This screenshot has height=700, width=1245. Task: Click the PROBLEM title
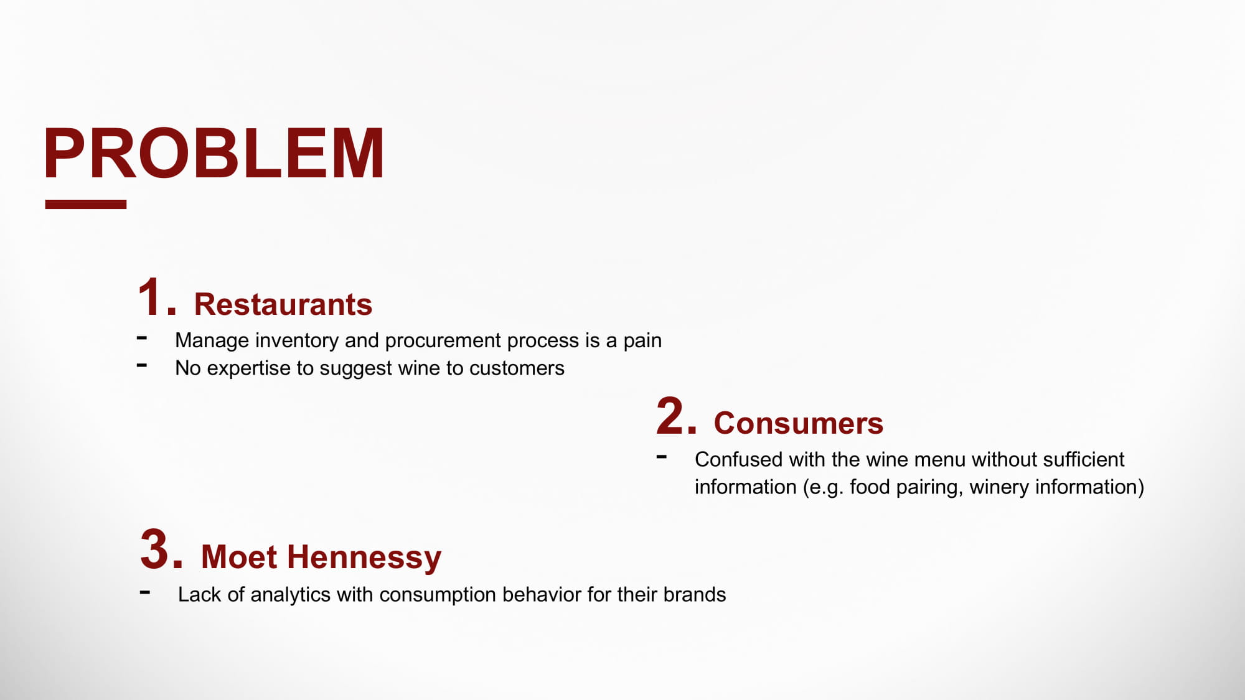[214, 154]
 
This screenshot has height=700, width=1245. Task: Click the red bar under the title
[86, 204]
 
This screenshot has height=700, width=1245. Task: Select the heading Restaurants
[283, 305]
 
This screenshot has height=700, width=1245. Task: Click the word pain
[642, 341]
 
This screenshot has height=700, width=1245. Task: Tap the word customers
[517, 368]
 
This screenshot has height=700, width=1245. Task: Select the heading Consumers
[799, 424]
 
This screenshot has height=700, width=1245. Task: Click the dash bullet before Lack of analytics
[145, 592]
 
